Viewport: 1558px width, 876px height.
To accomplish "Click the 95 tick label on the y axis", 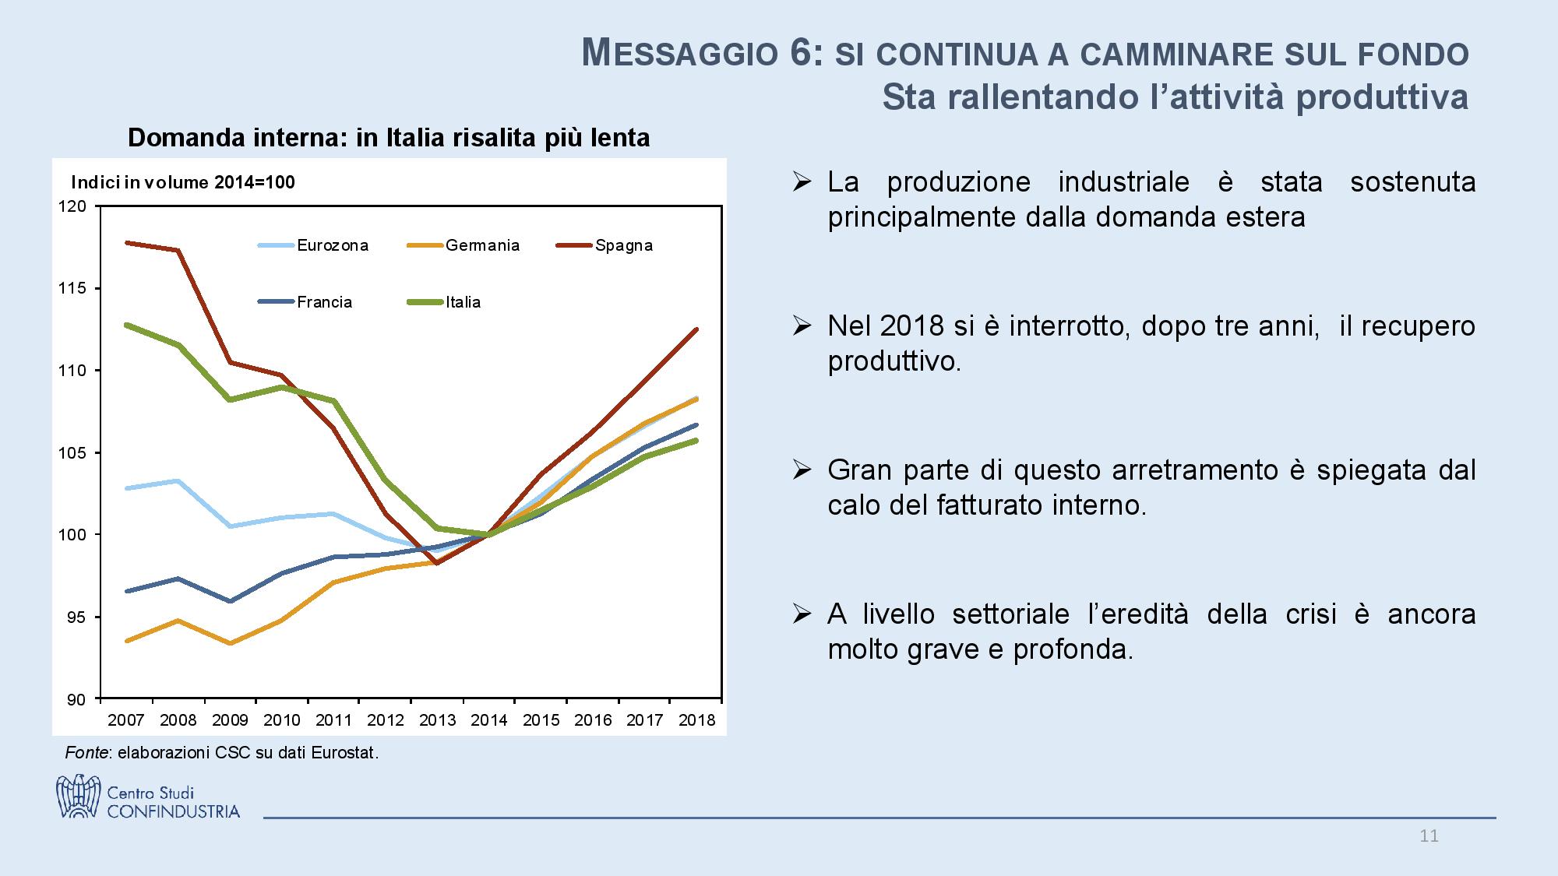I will click(76, 617).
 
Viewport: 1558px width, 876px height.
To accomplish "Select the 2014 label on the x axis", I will click(489, 720).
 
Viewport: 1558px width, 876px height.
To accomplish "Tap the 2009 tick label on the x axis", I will click(230, 720).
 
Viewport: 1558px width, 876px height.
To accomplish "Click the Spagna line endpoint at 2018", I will click(696, 329).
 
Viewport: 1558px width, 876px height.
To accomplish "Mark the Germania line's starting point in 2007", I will click(126, 641).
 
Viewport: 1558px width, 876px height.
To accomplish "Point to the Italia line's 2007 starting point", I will click(126, 325).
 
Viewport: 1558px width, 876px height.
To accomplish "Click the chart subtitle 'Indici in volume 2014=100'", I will click(183, 182).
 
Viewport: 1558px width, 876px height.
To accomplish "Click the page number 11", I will click(1429, 836).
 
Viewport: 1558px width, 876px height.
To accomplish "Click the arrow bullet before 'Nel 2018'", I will click(802, 325).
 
